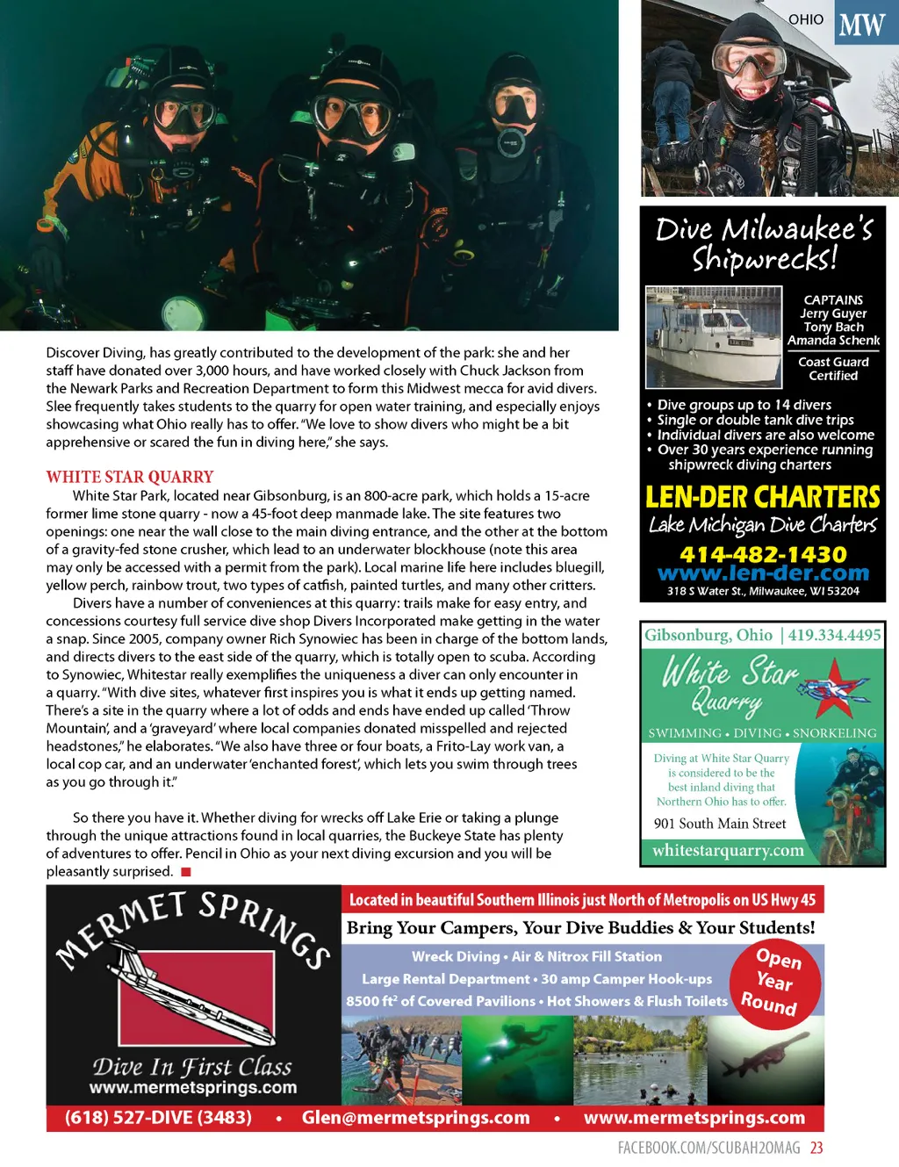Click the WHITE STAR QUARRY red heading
coord(130,477)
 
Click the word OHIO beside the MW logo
coord(805,19)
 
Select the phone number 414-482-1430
coord(763,555)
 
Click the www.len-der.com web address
coord(763,573)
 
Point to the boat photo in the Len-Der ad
coord(713,337)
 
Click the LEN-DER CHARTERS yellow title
coord(763,498)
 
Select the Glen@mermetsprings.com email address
coord(415,1118)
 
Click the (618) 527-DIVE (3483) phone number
coord(158,1118)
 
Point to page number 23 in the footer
coord(816,1148)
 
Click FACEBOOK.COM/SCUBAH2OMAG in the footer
coord(708,1148)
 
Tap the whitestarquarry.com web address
coord(728,850)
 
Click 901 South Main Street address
coord(720,824)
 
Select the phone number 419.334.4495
coord(834,635)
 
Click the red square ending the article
coord(185,872)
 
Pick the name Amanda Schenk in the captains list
coord(833,341)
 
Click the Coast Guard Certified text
coord(833,369)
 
